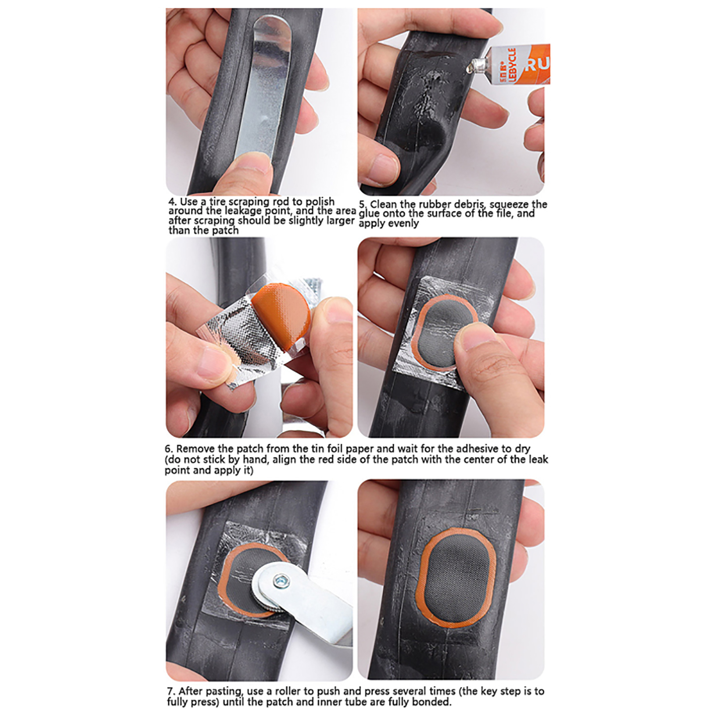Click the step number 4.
(173, 202)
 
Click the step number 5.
(363, 205)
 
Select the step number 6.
(169, 449)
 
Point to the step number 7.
(171, 691)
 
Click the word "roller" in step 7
(289, 691)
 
